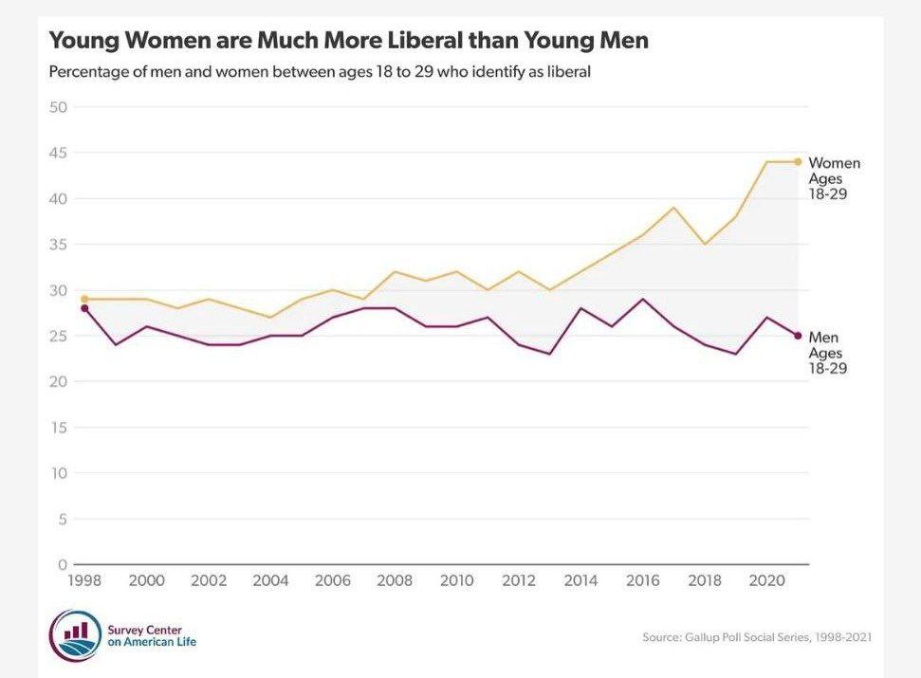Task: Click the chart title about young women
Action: coord(348,41)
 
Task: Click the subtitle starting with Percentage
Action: coord(320,72)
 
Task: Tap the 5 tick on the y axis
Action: coord(62,519)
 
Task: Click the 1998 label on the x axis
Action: coord(84,581)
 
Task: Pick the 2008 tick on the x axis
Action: coord(394,581)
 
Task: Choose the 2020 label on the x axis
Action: coord(765,581)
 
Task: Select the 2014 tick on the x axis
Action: coord(580,581)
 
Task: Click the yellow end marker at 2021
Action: coord(798,161)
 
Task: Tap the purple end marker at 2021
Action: coord(798,336)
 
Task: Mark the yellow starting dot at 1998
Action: coord(84,299)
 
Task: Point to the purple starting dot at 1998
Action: coord(84,308)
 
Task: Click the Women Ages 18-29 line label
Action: coord(833,178)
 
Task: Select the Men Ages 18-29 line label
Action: coord(827,353)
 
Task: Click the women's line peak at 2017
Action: coord(673,208)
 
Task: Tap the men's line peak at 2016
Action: coord(643,300)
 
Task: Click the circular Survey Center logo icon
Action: coord(75,634)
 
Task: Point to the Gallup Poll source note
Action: coord(757,637)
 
